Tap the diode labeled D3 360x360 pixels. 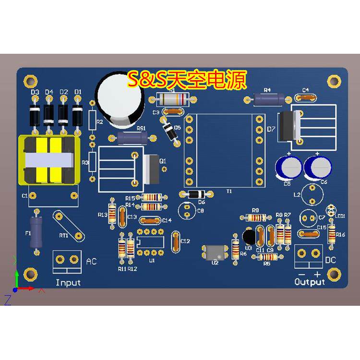coord(35,116)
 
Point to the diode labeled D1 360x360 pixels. coord(77,115)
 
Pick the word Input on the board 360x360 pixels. coord(68,283)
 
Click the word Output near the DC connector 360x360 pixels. coord(310,282)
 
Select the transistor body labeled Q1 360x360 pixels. coord(151,168)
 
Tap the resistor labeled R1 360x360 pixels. coord(172,99)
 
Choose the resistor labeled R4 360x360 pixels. coord(268,99)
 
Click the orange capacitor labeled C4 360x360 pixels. coord(306,97)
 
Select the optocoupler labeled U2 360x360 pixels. coord(215,252)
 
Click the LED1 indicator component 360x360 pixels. coord(331,209)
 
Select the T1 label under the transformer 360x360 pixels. coord(229,191)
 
